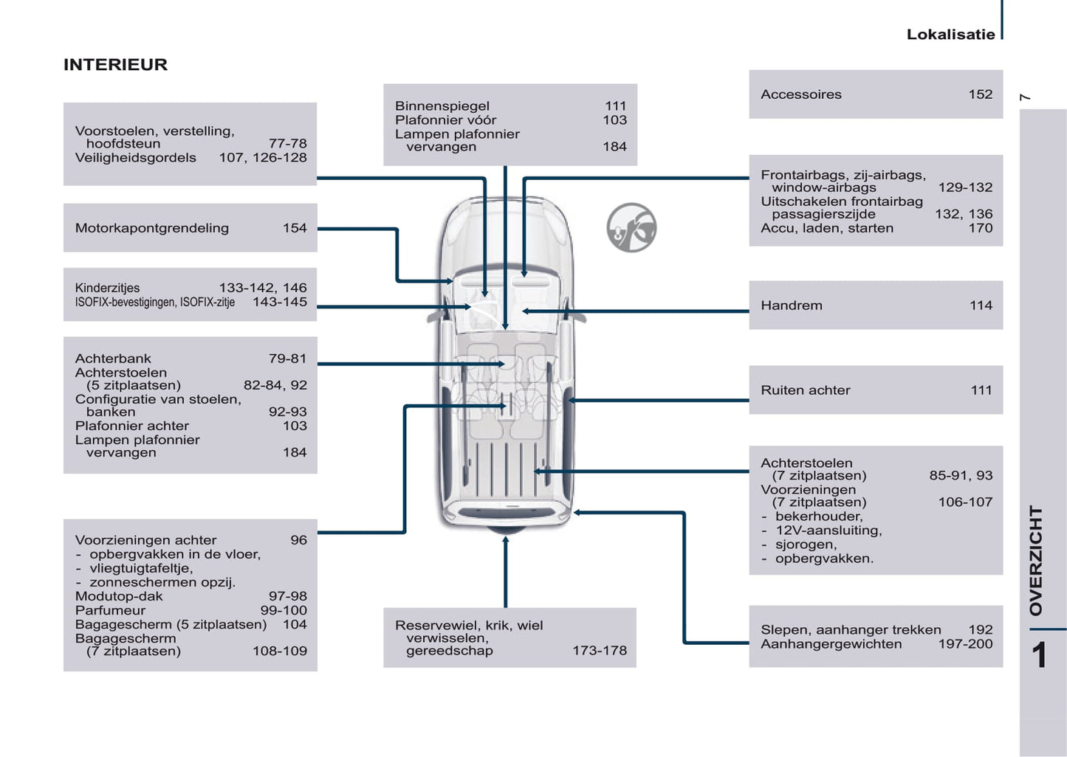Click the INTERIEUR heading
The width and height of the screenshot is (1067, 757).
(x=115, y=65)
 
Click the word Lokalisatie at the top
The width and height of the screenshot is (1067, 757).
(x=950, y=35)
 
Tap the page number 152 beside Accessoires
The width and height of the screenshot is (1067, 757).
(x=980, y=94)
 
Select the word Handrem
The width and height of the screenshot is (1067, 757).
(x=791, y=305)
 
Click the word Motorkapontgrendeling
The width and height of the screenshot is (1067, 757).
(x=151, y=228)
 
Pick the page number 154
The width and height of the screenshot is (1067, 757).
(x=294, y=228)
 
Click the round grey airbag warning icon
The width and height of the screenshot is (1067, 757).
(x=631, y=227)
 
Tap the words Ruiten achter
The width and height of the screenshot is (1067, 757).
(x=805, y=390)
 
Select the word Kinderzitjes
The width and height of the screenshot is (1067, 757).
(x=107, y=288)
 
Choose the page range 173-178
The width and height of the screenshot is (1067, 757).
(x=599, y=651)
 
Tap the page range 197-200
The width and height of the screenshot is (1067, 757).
(x=965, y=644)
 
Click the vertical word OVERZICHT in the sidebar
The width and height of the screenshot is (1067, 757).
(x=1036, y=561)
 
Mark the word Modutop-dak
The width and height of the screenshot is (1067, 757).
(x=119, y=596)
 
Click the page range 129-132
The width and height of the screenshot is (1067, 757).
(x=965, y=187)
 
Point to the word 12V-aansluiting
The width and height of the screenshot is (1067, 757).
(x=828, y=530)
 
